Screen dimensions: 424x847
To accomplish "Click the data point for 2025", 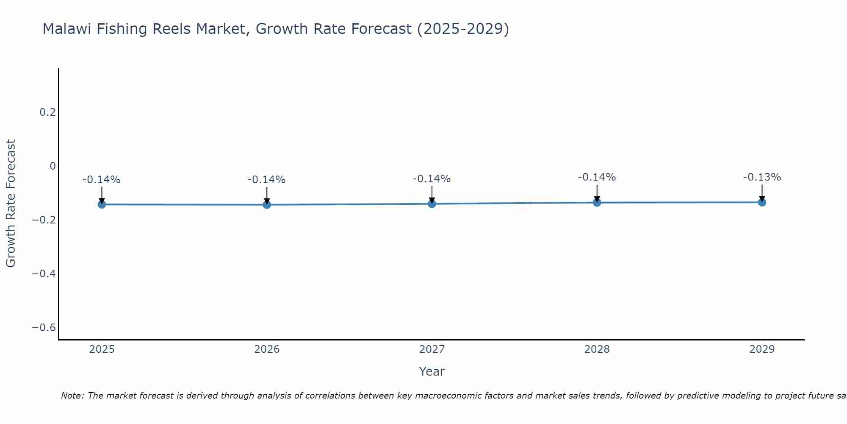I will click(102, 204).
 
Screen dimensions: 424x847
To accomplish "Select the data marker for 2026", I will click(267, 205).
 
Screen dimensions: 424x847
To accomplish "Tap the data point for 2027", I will click(432, 204).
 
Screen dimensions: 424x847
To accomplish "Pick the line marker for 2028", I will click(597, 202).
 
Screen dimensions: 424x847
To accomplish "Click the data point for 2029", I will click(762, 202).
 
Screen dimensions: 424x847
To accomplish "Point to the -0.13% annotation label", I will click(762, 177).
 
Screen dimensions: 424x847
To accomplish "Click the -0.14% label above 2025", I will click(102, 180).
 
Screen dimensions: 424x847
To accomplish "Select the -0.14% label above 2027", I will click(432, 179).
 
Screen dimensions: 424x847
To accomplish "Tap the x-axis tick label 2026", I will click(267, 349).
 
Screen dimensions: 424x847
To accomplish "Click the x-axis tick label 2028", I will click(597, 349).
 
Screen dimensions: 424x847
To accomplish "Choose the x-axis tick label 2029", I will click(762, 349).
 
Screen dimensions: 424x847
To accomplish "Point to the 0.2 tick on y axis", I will click(47, 112).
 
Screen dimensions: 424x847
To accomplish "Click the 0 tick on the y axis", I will click(53, 166).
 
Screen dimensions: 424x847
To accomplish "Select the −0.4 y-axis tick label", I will click(44, 274).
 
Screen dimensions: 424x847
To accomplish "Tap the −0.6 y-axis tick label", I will click(44, 328).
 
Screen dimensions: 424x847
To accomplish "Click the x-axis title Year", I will click(432, 371).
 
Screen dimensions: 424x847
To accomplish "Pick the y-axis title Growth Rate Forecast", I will click(11, 204).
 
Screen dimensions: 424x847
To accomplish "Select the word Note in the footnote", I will click(72, 396).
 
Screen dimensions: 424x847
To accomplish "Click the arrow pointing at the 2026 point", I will click(267, 195).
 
